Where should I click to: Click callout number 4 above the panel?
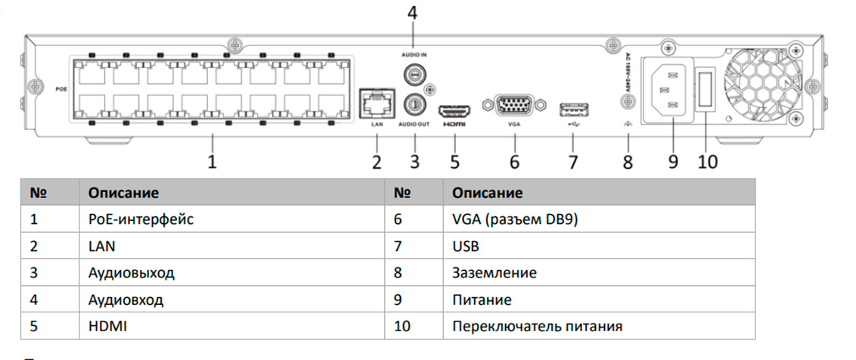(412, 13)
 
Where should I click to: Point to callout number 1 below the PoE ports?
(212, 162)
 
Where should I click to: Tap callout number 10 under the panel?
(707, 162)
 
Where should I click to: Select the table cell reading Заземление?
(495, 273)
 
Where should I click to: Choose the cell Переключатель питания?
(537, 326)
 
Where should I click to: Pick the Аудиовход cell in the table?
(126, 299)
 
